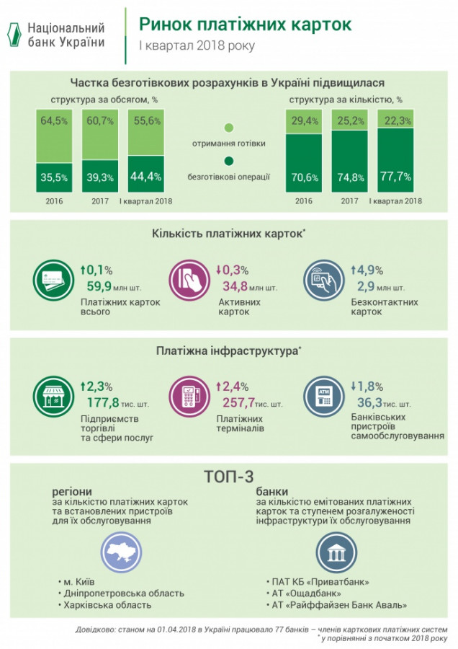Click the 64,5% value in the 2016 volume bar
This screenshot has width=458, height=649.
55,121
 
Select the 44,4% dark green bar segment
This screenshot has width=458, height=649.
147,175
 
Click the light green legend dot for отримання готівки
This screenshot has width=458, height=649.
228,128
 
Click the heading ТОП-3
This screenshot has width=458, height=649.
228,478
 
